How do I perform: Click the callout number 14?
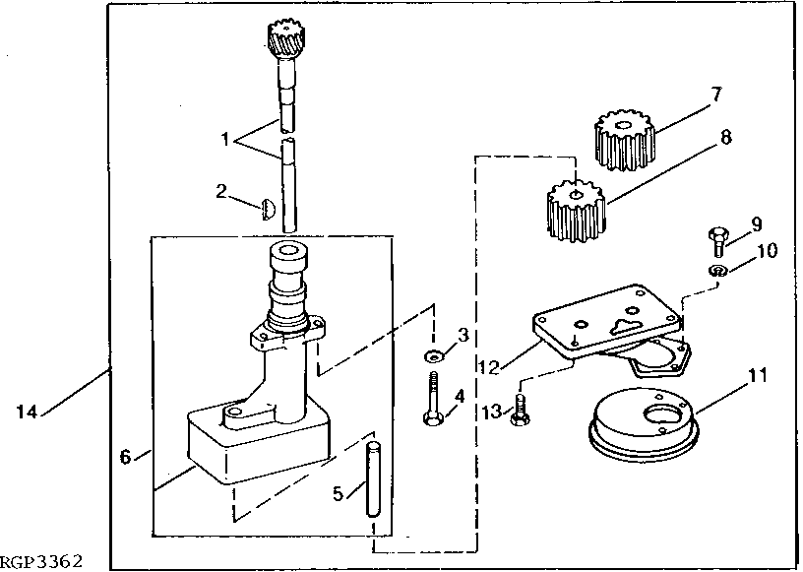25,413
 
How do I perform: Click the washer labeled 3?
432,353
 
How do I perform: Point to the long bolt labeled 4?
433,398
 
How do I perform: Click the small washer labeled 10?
718,270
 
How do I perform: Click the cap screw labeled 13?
521,413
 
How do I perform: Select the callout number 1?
225,140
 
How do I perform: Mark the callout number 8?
725,138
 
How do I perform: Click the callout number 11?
757,375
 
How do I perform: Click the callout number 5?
338,493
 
